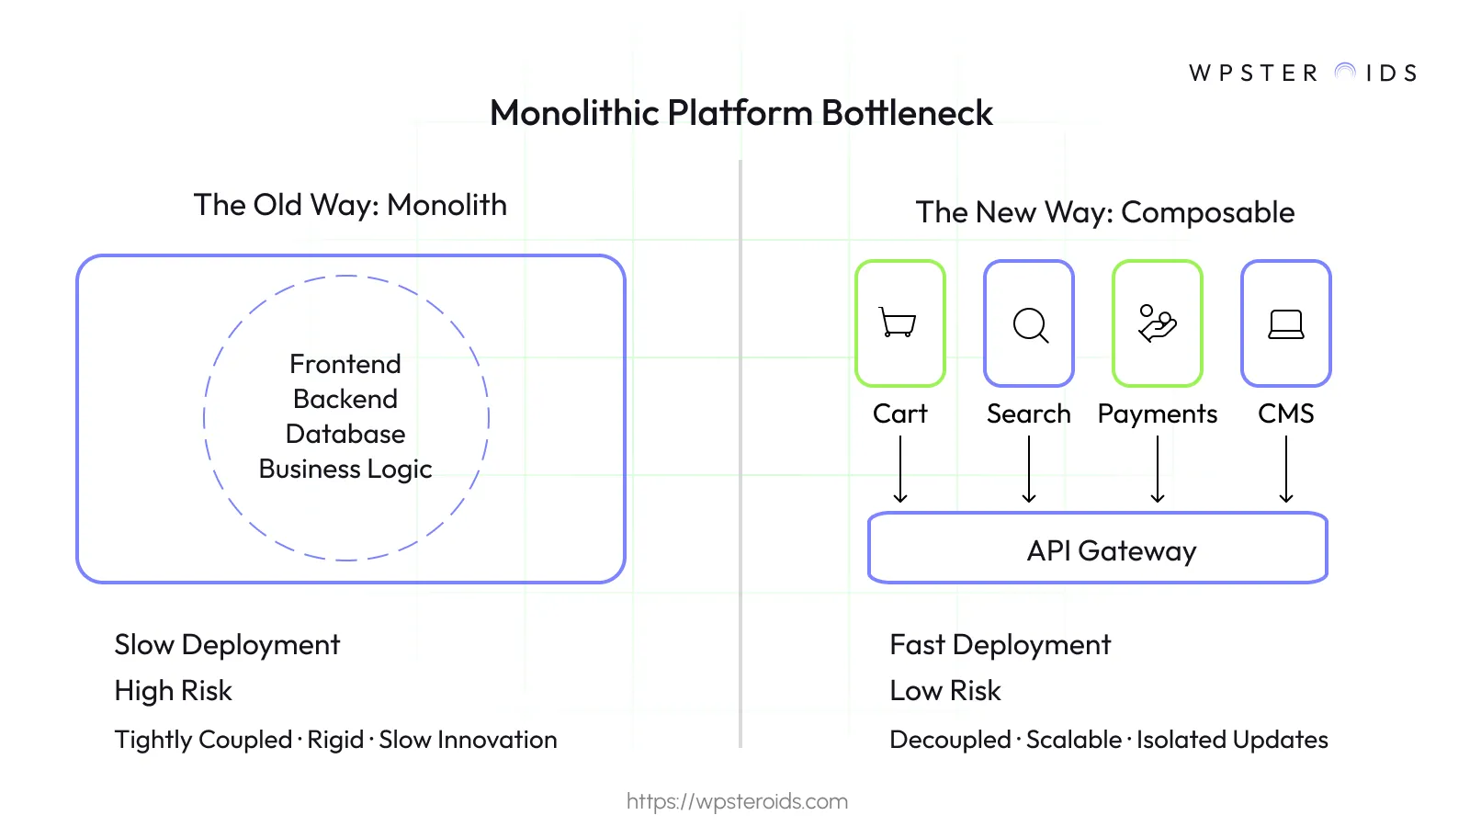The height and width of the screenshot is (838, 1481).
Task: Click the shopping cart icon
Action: click(899, 323)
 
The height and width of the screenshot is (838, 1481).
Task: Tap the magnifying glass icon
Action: click(1030, 324)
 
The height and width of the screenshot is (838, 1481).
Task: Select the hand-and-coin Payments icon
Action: click(1157, 323)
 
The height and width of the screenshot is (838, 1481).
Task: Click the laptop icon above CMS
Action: click(1285, 324)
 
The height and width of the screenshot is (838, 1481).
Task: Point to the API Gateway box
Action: click(1098, 549)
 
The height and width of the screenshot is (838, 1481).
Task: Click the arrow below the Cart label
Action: click(900, 469)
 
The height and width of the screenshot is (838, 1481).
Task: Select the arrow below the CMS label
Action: click(1286, 469)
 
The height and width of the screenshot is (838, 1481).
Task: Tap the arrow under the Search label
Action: click(1029, 469)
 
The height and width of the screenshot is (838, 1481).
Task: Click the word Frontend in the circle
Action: click(345, 364)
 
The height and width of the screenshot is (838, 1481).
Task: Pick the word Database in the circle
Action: click(345, 434)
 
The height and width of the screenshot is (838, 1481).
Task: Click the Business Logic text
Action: click(345, 469)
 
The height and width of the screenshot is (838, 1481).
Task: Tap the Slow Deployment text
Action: click(227, 645)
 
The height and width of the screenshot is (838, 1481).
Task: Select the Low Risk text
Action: click(945, 691)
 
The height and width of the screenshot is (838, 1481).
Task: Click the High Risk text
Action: click(174, 691)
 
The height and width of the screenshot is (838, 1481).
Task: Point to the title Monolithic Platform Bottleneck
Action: click(740, 113)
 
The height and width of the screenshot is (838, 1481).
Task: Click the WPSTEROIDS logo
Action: click(1303, 73)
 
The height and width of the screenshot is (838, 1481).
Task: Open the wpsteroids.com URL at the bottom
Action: click(737, 801)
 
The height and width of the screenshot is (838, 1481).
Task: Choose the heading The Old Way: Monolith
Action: click(350, 205)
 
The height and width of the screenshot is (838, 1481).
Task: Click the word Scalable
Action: click(1074, 740)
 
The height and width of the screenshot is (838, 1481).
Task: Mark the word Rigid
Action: click(335, 740)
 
